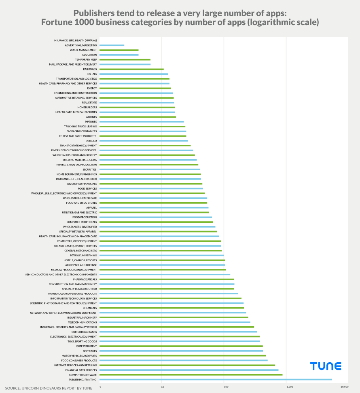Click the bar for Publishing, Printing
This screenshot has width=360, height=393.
[x=216, y=379]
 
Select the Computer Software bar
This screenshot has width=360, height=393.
[x=191, y=375]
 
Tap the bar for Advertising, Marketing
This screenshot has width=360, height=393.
[x=112, y=45]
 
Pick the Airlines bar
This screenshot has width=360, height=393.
[x=138, y=117]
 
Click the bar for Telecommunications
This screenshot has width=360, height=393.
[x=175, y=322]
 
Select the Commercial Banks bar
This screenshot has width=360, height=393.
[x=178, y=332]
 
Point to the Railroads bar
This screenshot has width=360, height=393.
[x=131, y=69]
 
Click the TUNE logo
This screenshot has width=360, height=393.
[x=326, y=366]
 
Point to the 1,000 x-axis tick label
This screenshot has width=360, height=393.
[x=290, y=387]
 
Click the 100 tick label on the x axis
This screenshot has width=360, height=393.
[x=226, y=387]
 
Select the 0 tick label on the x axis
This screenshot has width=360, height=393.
[x=100, y=387]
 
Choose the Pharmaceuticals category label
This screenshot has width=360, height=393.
[x=85, y=279]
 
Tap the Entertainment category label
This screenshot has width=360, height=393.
[x=87, y=346]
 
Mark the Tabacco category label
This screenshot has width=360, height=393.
[x=91, y=141]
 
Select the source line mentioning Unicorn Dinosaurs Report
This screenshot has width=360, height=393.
[x=49, y=388]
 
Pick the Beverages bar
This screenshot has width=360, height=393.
[x=181, y=351]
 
